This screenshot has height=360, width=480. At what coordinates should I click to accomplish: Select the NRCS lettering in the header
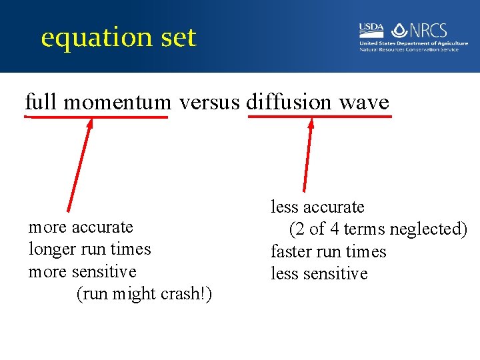430,31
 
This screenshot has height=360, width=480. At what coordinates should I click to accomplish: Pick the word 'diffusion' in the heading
289,102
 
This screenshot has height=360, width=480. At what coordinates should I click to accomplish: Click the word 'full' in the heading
41,102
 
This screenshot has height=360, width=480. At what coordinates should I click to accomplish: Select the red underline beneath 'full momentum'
97,117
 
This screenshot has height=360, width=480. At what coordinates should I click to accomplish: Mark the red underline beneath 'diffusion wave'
320,117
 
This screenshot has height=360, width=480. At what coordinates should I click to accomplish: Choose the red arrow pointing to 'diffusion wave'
307,157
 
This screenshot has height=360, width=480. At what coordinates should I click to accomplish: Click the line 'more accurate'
81,227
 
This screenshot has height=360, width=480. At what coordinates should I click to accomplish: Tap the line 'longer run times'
90,249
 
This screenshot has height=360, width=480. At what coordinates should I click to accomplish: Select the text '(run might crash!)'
145,293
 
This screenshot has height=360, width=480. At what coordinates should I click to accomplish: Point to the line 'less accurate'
317,207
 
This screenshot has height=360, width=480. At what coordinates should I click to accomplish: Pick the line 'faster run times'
329,251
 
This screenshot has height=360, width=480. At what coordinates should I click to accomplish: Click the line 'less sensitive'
319,274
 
